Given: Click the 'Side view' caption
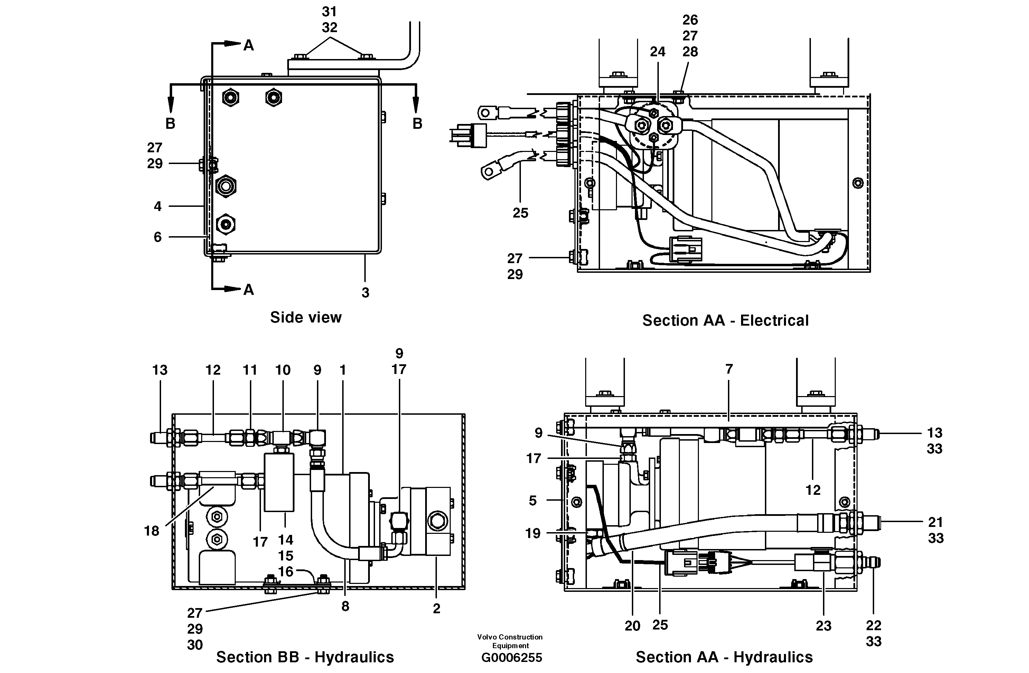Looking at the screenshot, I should tap(306, 317).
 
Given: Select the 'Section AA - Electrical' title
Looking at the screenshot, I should tap(725, 320).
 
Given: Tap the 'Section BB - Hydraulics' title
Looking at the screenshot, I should tap(305, 657).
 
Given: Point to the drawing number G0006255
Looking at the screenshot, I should tap(512, 658).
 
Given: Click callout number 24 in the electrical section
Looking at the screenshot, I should tap(657, 52).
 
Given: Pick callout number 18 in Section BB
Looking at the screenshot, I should tap(152, 531).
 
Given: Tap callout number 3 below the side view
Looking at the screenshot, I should tap(365, 292).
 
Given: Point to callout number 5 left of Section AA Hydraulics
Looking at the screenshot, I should tap(533, 501).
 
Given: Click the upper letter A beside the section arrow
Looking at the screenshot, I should tap(249, 45).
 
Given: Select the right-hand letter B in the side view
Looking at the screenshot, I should tap(417, 124).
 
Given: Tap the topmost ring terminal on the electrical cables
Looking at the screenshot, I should tap(487, 114).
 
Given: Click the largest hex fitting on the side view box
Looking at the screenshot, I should tap(226, 186).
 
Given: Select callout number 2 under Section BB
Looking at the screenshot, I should tap(437, 608).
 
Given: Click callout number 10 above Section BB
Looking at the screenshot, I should tap(283, 370).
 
